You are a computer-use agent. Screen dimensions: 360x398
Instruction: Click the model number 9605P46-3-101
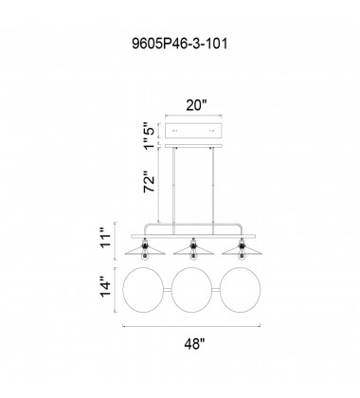pyautogui.click(x=180, y=44)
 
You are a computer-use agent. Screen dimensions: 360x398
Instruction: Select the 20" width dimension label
pyautogui.click(x=195, y=105)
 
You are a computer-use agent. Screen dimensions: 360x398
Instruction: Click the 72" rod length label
pyautogui.click(x=150, y=182)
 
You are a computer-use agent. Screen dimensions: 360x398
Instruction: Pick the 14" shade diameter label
pyautogui.click(x=106, y=287)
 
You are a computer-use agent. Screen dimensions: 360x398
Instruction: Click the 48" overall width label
pyautogui.click(x=194, y=343)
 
